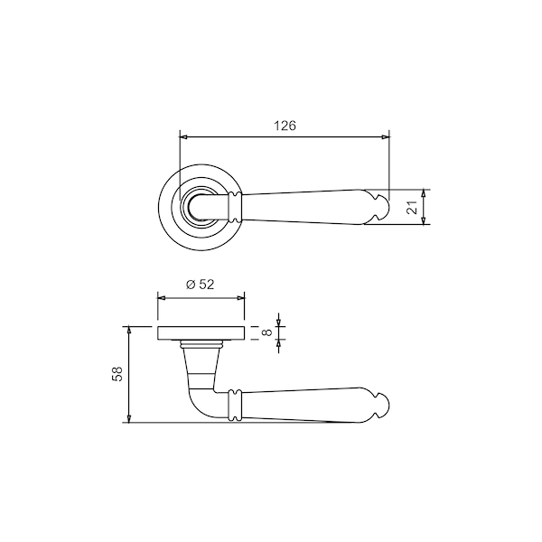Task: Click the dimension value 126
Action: [x=285, y=126]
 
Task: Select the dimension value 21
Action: [x=413, y=208]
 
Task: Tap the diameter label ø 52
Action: [x=201, y=285]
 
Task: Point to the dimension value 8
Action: [x=267, y=332]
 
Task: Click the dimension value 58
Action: [x=117, y=374]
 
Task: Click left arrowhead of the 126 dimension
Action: [x=183, y=137]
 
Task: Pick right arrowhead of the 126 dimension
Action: [x=386, y=137]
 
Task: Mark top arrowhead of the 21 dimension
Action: [x=424, y=193]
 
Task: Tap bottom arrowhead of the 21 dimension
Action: [x=424, y=221]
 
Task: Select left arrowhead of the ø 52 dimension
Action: [x=161, y=297]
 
